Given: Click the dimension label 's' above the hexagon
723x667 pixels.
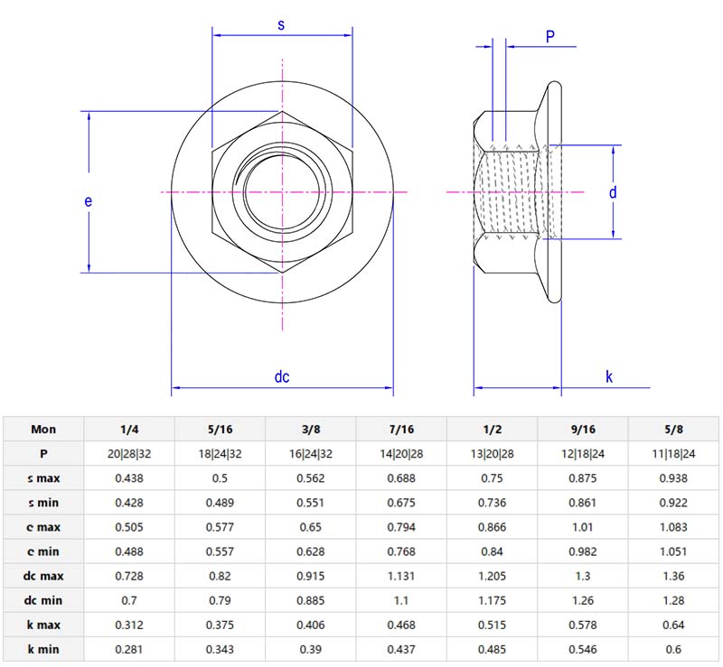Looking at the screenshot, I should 281,25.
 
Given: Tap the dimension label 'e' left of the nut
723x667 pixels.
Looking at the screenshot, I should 89,201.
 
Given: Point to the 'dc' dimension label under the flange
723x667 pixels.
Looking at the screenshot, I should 282,377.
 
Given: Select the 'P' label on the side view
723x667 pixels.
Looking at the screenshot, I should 550,36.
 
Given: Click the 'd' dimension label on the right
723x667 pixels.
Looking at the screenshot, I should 613,192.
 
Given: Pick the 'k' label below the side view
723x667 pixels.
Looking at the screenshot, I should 609,377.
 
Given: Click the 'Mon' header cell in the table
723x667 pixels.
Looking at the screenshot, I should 43,430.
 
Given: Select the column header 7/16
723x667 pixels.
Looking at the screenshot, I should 401,430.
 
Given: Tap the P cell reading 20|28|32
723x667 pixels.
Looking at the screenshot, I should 129,454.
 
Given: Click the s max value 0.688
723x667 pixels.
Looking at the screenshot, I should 401,478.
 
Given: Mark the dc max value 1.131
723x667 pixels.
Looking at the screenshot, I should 401,576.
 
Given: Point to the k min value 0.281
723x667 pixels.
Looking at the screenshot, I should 129,649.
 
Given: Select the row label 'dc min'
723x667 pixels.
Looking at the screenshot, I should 43,600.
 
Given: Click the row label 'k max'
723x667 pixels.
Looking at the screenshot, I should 43,625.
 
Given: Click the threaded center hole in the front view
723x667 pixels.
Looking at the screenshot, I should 283,191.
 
